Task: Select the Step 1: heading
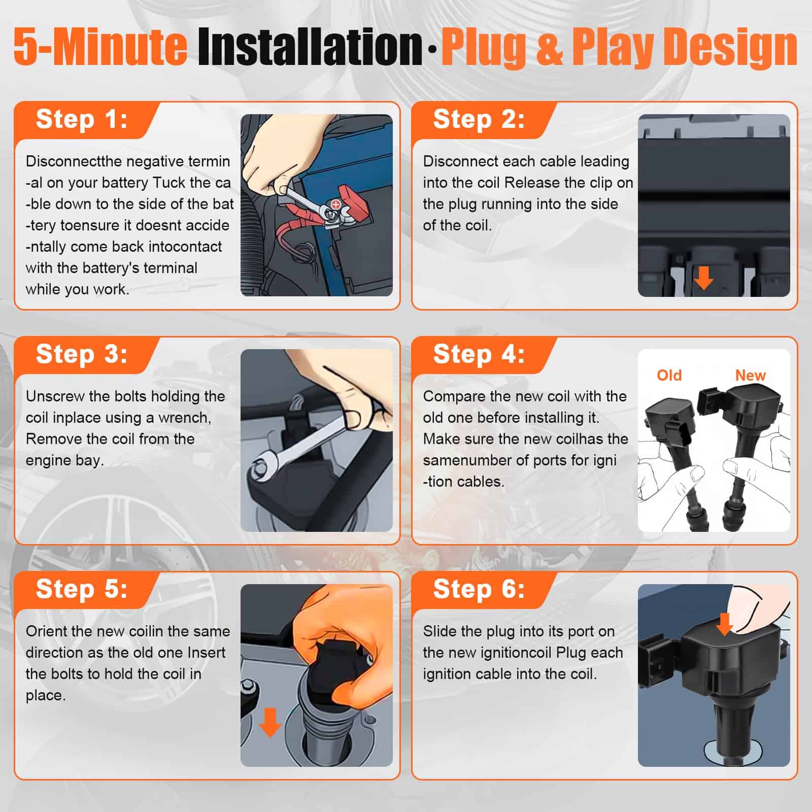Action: click(82, 120)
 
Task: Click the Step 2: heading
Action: click(479, 120)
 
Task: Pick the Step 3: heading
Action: click(82, 354)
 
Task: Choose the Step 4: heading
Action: click(479, 354)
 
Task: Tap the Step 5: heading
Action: click(82, 589)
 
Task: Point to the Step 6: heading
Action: click(479, 589)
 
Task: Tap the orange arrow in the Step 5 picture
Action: click(270, 722)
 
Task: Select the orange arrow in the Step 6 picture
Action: click(725, 624)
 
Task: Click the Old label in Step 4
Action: click(669, 376)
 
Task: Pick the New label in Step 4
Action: click(750, 376)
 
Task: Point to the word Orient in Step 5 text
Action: click(47, 631)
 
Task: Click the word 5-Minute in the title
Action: click(100, 47)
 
